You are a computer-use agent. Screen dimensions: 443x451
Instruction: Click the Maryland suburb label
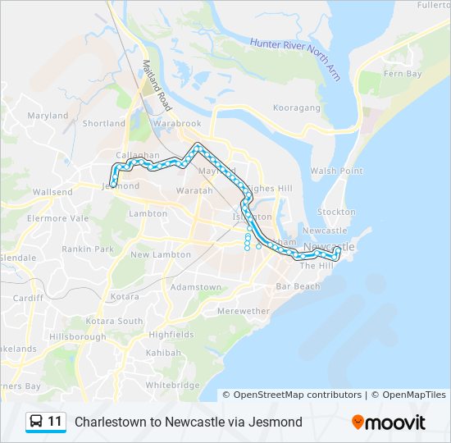48,116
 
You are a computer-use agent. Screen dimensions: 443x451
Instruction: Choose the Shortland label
104,124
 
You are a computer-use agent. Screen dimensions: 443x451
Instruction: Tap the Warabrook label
176,124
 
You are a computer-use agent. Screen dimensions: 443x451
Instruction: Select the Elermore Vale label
57,219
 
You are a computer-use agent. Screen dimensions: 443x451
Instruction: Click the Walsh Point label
336,171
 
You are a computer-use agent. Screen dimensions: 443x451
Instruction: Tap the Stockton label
337,212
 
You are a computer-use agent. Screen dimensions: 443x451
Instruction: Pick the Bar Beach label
298,286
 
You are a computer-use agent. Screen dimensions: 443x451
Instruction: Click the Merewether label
243,311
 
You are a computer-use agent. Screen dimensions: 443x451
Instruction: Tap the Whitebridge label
172,385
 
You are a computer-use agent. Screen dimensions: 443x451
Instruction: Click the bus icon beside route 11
37,422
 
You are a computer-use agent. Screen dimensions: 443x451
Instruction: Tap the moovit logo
389,422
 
